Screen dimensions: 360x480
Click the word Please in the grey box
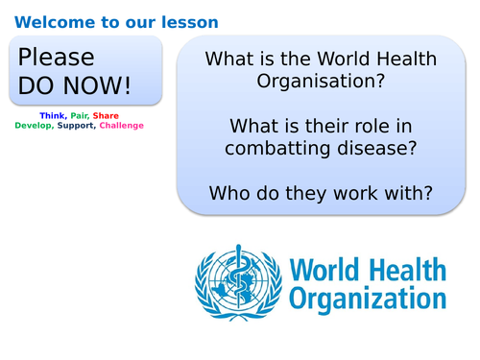tap(57, 58)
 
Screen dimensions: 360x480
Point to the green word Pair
tap(81, 115)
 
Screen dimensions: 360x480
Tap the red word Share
tap(107, 115)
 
